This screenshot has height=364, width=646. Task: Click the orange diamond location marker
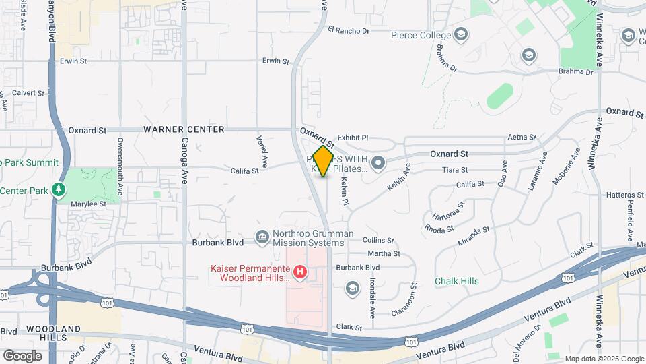324,161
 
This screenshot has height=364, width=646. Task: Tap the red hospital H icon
301,273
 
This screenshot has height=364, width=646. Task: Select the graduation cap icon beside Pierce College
461,34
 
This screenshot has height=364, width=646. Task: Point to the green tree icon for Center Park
60,190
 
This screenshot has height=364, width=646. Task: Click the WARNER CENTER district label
184,129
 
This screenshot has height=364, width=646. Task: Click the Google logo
22,355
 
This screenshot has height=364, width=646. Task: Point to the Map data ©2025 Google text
604,359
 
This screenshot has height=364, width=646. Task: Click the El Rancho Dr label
349,30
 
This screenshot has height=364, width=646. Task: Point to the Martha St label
384,254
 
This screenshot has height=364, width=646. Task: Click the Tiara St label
455,170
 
